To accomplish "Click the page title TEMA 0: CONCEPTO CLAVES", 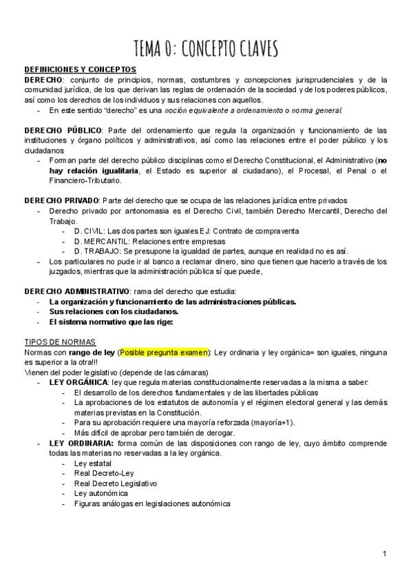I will pyautogui.click(x=206, y=49).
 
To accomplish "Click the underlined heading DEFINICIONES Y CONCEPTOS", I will pyautogui.click(x=80, y=70).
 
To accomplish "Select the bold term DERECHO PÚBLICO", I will pyautogui.click(x=63, y=130).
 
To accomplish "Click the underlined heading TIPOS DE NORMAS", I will pyautogui.click(x=60, y=342).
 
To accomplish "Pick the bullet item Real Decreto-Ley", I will pyautogui.click(x=103, y=473).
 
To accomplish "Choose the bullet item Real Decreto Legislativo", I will pyautogui.click(x=115, y=483).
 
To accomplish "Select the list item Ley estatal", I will pyautogui.click(x=92, y=463).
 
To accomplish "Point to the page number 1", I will pyautogui.click(x=385, y=554).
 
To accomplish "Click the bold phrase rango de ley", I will pyautogui.click(x=97, y=352).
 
